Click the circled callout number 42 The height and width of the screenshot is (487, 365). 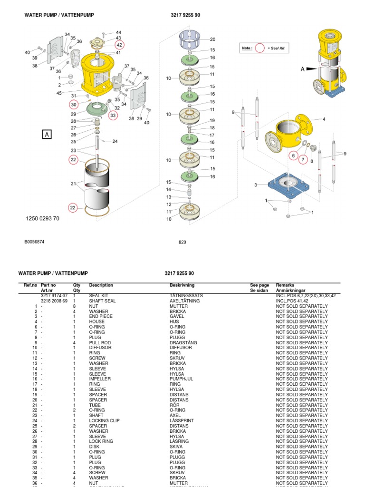(x=119, y=45)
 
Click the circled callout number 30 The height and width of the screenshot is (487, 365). (x=73, y=104)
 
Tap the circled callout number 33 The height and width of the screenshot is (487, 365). (x=113, y=115)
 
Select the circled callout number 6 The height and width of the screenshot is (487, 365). (x=293, y=156)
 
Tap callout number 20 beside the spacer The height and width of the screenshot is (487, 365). (x=212, y=39)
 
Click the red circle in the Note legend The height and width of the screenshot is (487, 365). (x=259, y=48)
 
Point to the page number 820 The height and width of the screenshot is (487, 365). (x=182, y=242)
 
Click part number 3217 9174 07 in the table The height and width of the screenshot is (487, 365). (x=54, y=296)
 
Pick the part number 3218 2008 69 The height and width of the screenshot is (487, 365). (x=54, y=301)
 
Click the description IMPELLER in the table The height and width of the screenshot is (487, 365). (x=100, y=379)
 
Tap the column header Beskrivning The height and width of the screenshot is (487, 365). (x=182, y=285)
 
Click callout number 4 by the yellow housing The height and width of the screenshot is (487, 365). (x=324, y=119)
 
